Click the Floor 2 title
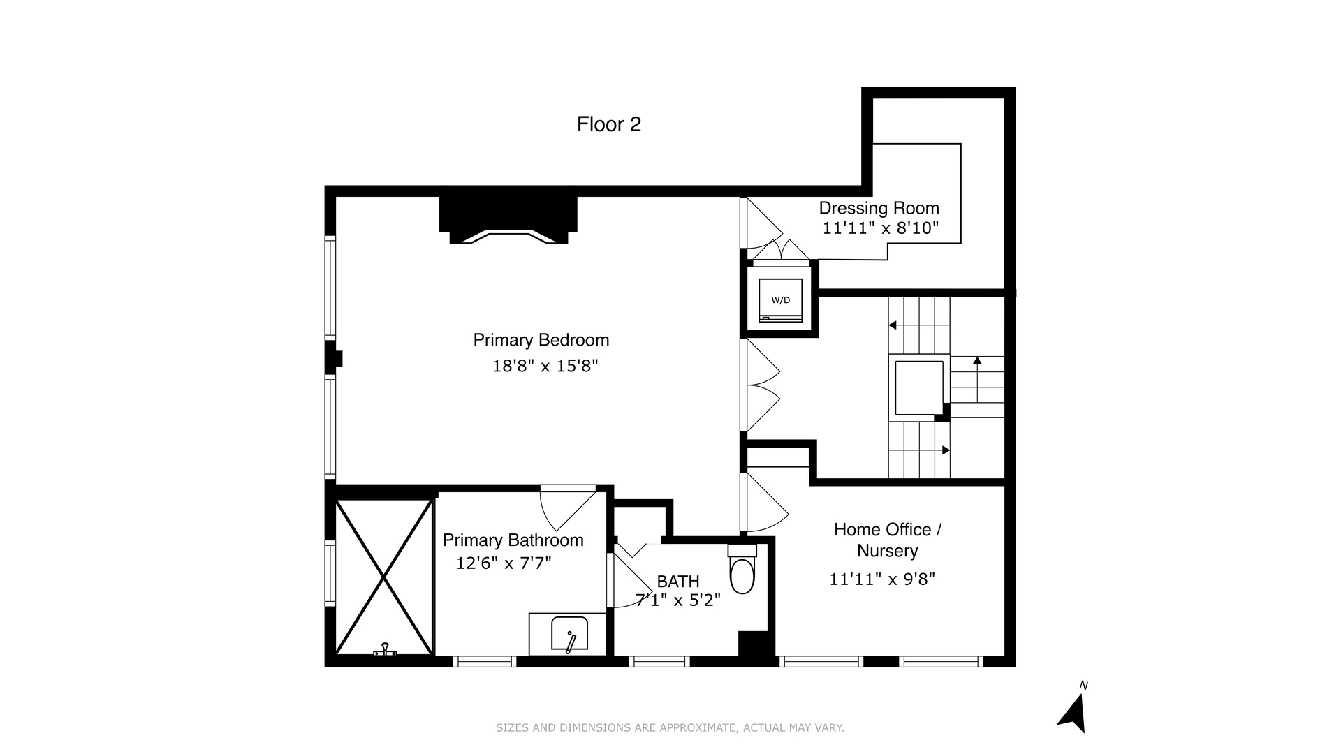(608, 124)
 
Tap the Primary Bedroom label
(541, 340)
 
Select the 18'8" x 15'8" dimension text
(545, 366)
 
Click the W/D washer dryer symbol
(780, 300)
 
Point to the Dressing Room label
(879, 208)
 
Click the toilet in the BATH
(742, 572)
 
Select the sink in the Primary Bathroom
(569, 634)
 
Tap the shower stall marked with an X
(383, 577)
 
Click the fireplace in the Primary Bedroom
(508, 220)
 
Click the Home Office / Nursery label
(887, 540)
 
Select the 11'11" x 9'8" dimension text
(881, 579)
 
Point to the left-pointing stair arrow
(893, 325)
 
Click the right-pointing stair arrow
(945, 450)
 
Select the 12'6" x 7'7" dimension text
(504, 563)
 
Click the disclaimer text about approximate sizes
(670, 727)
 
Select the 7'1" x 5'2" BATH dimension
(677, 600)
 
